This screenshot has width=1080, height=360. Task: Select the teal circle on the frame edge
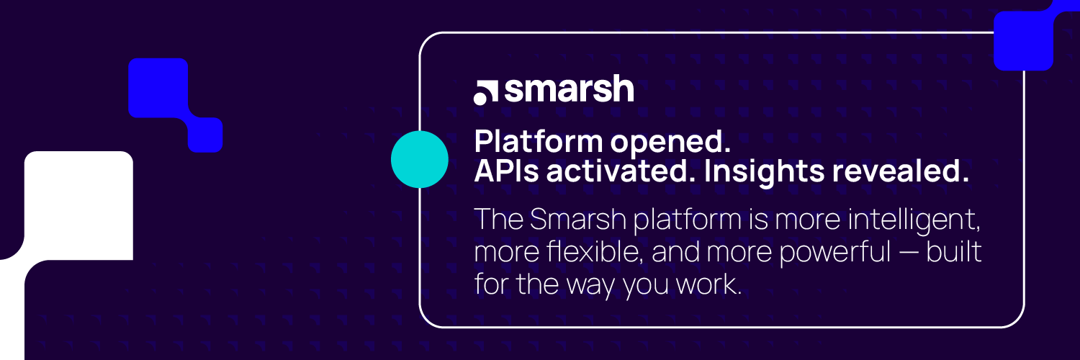point(420,160)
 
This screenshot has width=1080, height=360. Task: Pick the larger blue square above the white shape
point(158,88)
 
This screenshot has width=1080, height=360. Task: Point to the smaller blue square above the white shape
point(205,135)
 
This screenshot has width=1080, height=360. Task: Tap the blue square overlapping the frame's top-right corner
point(1024,40)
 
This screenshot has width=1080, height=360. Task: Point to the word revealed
point(906,172)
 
